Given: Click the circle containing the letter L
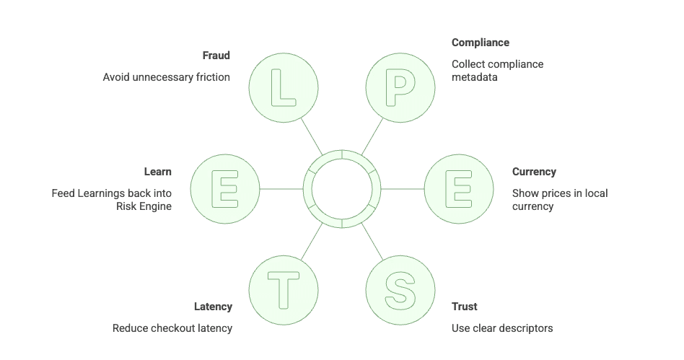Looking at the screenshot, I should pyautogui.click(x=283, y=88).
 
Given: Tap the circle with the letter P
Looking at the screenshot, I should pyautogui.click(x=400, y=88).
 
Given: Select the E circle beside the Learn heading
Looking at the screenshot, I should pyautogui.click(x=225, y=189).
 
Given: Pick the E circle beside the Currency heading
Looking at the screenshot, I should pyautogui.click(x=458, y=189).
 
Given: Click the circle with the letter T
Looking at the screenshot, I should pyautogui.click(x=283, y=290).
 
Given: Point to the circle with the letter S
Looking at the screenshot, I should pyautogui.click(x=400, y=290).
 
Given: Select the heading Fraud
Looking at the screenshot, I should pyautogui.click(x=216, y=56).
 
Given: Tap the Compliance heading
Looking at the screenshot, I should pyautogui.click(x=480, y=43).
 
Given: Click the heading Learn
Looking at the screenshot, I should pyautogui.click(x=157, y=172).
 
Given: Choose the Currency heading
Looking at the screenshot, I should pyautogui.click(x=534, y=172).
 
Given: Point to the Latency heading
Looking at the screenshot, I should pyautogui.click(x=213, y=307).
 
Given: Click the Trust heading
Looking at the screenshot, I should pyautogui.click(x=465, y=307).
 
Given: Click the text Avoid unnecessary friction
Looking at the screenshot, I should pyautogui.click(x=166, y=76).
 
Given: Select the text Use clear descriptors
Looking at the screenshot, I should pyautogui.click(x=502, y=328).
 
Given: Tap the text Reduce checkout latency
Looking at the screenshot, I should pyautogui.click(x=172, y=328).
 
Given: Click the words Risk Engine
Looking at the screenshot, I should pyautogui.click(x=144, y=206).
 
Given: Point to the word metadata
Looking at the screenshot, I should pyautogui.click(x=474, y=76).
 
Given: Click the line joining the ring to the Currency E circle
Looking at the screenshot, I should pyautogui.click(x=402, y=189).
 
